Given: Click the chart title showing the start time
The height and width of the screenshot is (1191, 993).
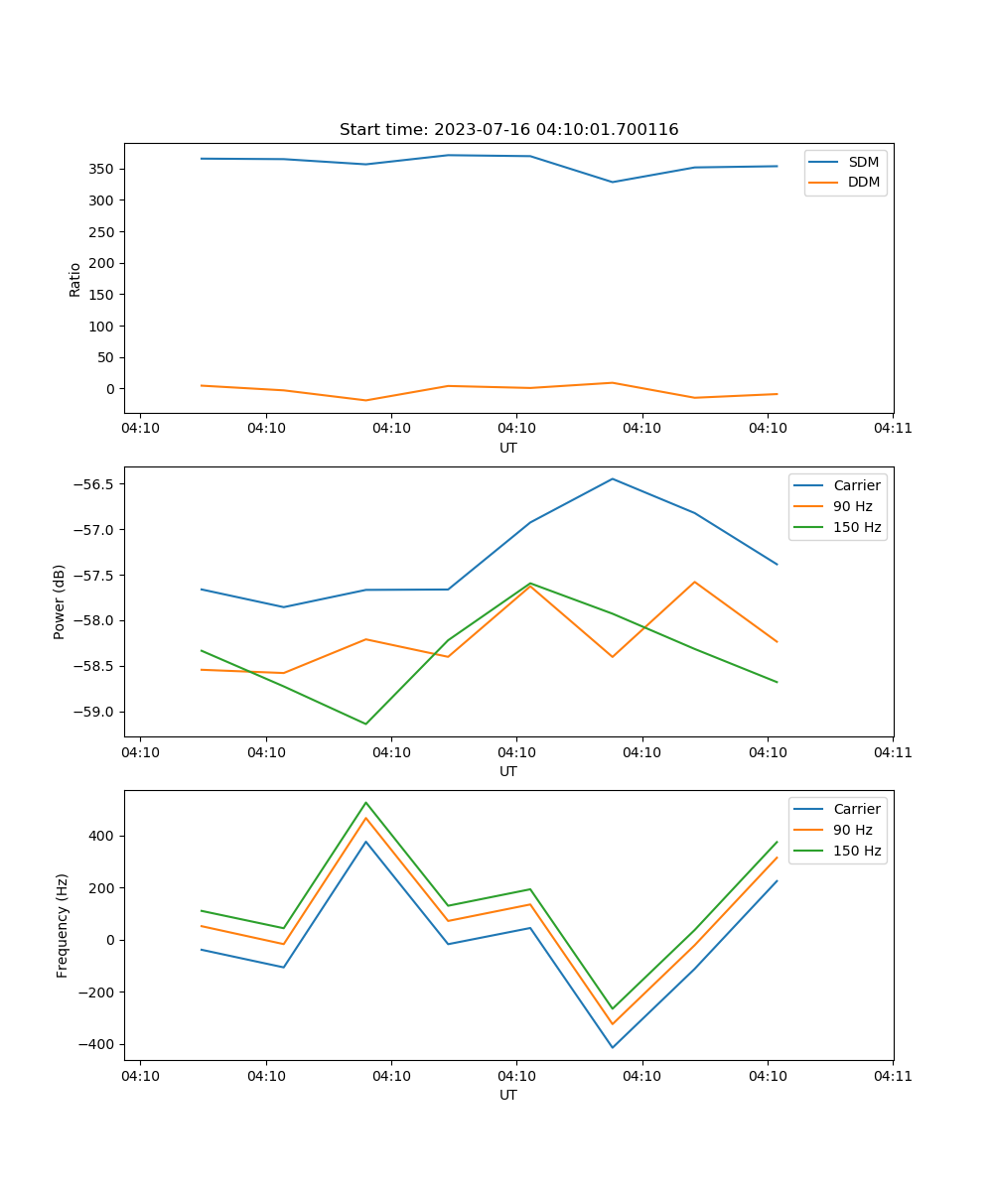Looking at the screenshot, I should [508, 130].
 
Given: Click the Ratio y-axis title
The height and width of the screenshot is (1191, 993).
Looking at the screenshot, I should [75, 278].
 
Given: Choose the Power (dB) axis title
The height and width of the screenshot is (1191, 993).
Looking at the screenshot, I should [60, 601].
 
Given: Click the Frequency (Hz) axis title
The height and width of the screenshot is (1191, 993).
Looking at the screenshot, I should [63, 925].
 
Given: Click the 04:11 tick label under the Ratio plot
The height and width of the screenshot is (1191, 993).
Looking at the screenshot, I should [893, 429].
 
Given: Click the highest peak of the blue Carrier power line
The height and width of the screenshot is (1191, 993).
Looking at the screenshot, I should [613, 478].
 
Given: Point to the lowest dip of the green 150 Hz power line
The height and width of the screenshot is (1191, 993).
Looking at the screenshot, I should [365, 724].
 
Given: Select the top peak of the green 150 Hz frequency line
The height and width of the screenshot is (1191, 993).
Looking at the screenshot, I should [365, 802].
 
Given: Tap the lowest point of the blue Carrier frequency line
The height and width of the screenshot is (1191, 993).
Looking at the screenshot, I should [613, 1047].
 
